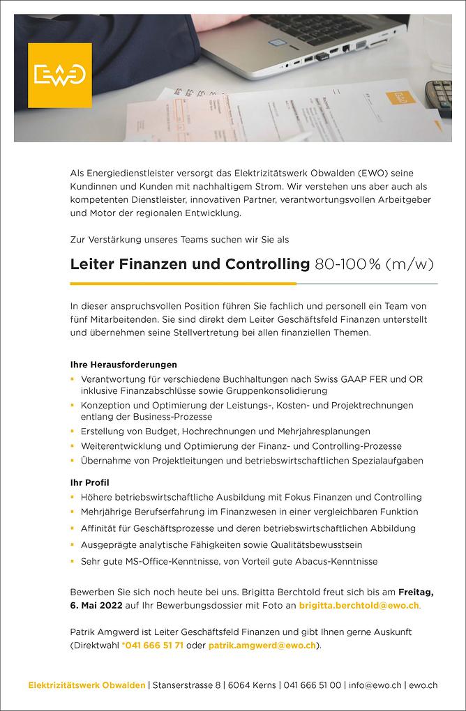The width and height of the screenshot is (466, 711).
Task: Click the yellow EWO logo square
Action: point(59,75)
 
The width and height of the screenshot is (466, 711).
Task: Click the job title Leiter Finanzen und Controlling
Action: point(190,264)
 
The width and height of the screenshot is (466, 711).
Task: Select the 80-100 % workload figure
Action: point(347,264)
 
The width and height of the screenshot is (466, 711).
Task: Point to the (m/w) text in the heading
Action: point(412,264)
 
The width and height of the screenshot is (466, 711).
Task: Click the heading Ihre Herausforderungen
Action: point(123,365)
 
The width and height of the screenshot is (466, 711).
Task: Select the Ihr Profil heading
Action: point(90,482)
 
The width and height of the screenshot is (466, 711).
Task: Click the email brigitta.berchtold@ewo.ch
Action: point(359,606)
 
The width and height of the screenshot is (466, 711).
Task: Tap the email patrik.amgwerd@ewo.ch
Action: point(262,645)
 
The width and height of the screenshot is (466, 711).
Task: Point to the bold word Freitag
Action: point(416,592)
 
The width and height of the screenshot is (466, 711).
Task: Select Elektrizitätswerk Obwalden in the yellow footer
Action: point(87,685)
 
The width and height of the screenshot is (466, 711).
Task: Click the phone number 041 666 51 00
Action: point(313,685)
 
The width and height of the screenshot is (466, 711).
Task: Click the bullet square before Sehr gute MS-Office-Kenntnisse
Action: point(72,561)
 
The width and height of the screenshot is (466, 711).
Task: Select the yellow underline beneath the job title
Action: point(183,284)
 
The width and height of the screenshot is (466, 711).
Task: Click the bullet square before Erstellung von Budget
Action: point(72,432)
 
